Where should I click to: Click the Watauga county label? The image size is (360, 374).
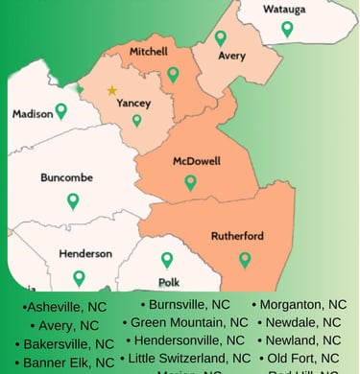tap(283, 11)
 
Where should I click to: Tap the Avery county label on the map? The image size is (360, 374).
tap(231, 56)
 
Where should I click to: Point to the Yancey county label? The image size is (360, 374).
tap(132, 102)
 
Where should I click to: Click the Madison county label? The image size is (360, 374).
tap(32, 113)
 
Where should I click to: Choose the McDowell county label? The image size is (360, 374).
tap(196, 161)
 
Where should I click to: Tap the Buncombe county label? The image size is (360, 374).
tap(66, 177)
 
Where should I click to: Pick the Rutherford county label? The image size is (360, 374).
tap(237, 236)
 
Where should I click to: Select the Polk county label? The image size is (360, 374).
tap(169, 283)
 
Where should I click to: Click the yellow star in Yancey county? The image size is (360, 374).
tap(112, 91)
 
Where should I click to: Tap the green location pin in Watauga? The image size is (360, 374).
tap(287, 30)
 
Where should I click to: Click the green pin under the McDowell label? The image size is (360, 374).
tap(190, 181)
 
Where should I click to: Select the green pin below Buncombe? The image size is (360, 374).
tap(73, 200)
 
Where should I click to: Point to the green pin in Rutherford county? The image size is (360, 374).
tap(245, 259)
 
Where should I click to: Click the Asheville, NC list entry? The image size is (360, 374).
tap(64, 307)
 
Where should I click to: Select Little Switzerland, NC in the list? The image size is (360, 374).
tap(189, 358)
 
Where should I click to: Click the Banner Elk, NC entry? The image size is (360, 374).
tap(68, 362)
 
